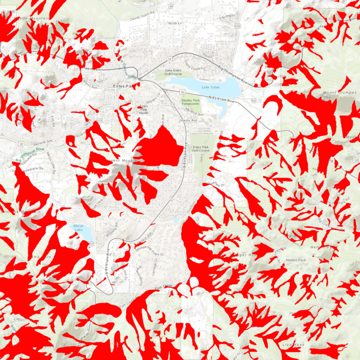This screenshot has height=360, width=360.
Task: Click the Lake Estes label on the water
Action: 210,87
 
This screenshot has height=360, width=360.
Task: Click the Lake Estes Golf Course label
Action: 179,72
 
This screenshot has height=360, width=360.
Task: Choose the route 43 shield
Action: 171,6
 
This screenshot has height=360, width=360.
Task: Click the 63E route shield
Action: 237,27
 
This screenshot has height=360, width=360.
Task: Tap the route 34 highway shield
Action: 170,59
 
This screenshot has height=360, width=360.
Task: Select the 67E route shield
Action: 99,120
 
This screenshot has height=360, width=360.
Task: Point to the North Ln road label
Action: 175,24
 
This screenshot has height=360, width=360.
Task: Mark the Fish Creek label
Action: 163,286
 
